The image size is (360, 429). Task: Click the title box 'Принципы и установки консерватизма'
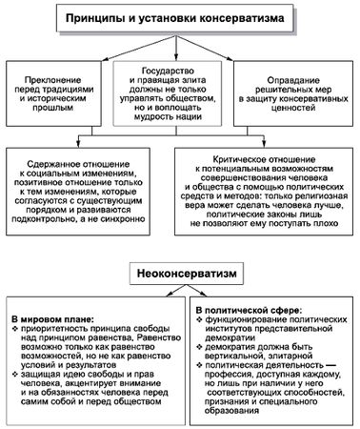coord(181,18)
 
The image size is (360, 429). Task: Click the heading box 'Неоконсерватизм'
coord(180,272)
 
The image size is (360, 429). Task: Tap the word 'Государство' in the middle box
coord(180,70)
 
